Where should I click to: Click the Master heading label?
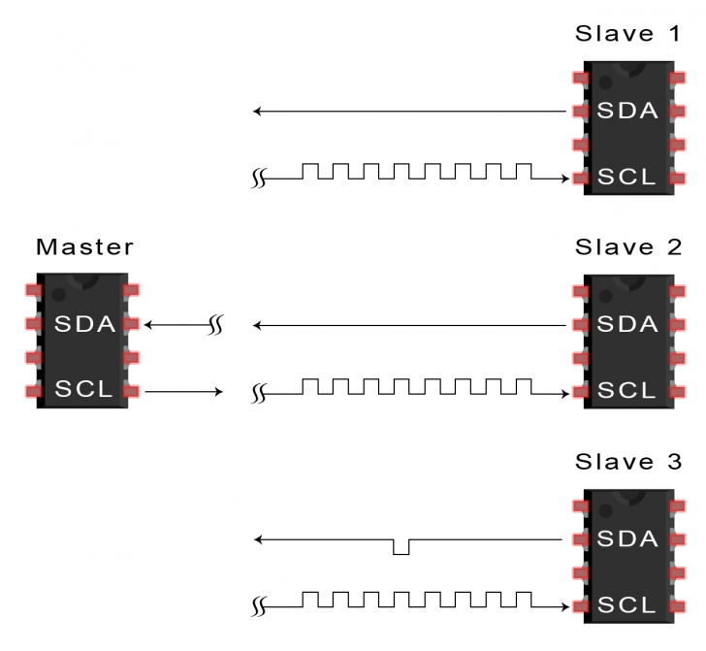84,247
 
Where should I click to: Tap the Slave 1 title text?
627,34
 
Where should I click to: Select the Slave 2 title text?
627,247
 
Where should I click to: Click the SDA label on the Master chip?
85,324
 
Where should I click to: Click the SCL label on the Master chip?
84,390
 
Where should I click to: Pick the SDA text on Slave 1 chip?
627,112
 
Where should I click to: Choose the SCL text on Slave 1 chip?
627,178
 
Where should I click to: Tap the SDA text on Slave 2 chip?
627,324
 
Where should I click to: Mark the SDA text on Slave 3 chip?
627,537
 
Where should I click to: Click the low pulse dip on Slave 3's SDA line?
401,549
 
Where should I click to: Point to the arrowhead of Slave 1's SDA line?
257,113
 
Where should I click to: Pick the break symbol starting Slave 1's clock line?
258,179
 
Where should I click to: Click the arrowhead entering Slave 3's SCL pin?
565,605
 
